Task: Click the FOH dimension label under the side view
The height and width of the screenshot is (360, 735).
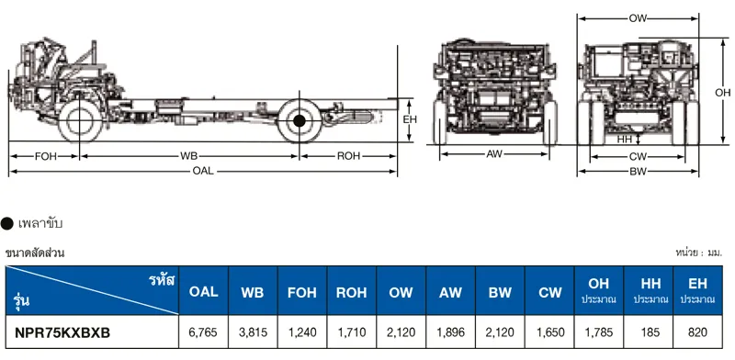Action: click(45, 156)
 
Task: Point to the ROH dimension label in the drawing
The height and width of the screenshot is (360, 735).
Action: click(349, 156)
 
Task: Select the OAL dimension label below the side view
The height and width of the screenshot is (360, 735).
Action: click(203, 172)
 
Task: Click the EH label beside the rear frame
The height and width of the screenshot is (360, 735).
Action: click(410, 120)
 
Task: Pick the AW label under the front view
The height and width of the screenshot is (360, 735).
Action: click(494, 153)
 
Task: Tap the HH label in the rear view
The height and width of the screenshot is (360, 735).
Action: click(625, 140)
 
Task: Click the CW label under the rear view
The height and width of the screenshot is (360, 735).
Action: click(639, 156)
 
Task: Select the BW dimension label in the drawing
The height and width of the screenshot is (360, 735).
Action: click(639, 172)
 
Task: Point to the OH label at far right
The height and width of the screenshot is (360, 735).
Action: click(722, 93)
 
